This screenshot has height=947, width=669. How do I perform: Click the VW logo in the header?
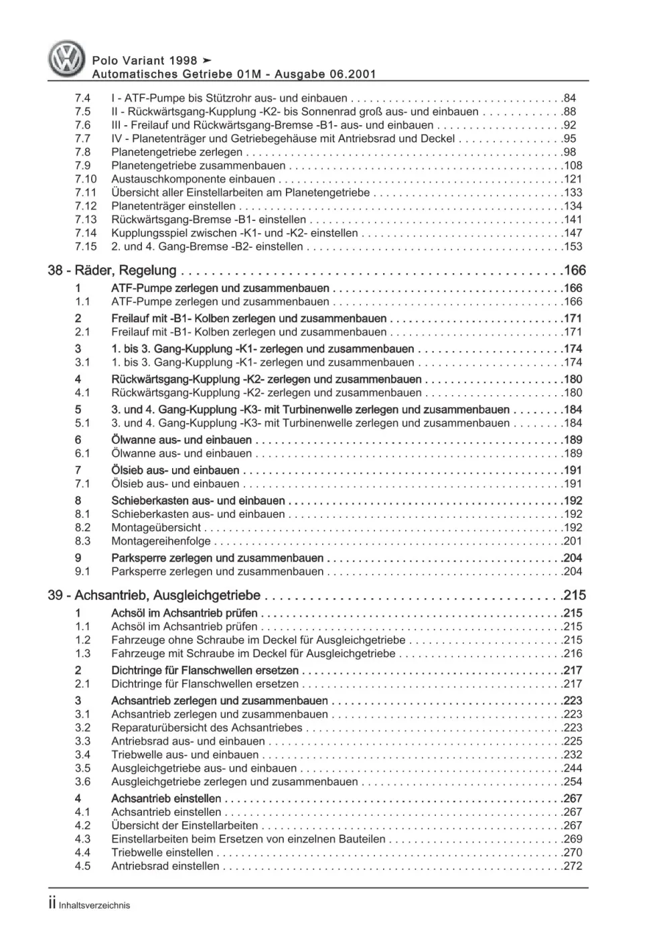coord(67,59)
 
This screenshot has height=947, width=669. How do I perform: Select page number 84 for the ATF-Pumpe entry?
coord(570,98)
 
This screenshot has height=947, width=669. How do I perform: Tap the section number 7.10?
coord(86,179)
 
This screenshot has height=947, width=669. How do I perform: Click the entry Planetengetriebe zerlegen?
coord(176,152)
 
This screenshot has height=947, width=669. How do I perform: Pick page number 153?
coord(573,246)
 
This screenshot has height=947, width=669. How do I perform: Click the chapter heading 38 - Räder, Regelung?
coord(113,271)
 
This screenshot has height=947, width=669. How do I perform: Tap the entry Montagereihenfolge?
coord(161,541)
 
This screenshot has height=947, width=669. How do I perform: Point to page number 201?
coord(573,541)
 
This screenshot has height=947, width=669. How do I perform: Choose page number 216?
coord(573,653)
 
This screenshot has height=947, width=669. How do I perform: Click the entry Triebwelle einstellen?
coord(162,853)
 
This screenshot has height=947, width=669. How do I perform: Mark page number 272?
coord(573,866)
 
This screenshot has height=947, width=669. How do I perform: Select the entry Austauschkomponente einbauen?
coord(193,179)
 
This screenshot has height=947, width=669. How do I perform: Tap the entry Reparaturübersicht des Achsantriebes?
coord(207,727)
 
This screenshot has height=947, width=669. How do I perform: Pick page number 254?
coord(573,782)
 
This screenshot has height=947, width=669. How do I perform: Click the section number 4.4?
coord(82,853)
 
